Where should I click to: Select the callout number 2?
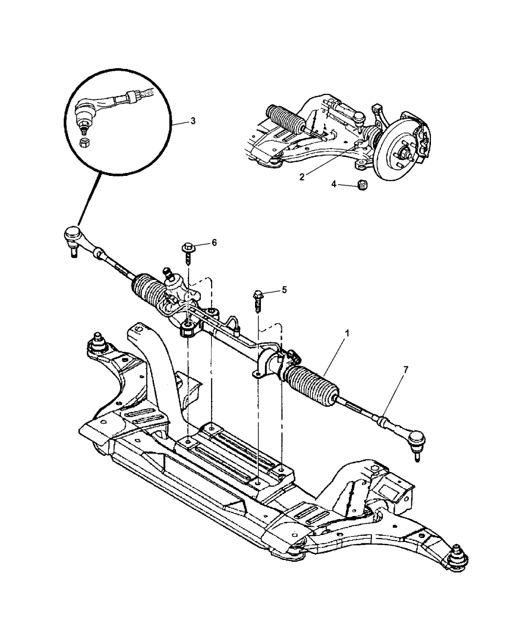click(x=302, y=177)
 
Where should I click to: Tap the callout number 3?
click(x=193, y=121)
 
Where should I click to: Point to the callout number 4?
click(x=334, y=184)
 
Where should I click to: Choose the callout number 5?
click(x=284, y=290)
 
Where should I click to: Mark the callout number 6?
click(x=214, y=242)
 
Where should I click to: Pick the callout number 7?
click(x=405, y=370)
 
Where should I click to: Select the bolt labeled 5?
click(x=257, y=301)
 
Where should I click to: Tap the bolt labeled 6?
click(x=188, y=254)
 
